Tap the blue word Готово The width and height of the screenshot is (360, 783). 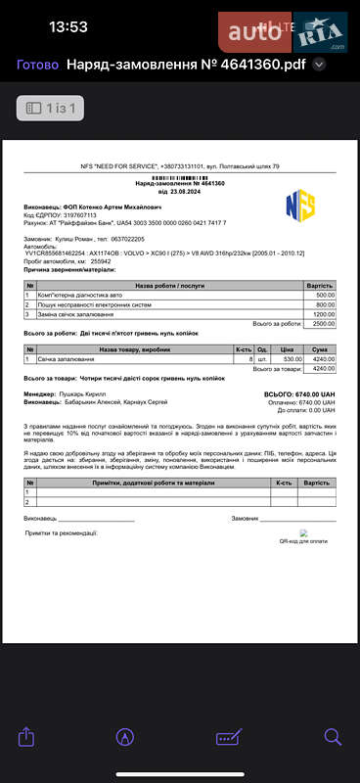coord(36,66)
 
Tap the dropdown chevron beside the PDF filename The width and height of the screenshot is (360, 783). coord(318,66)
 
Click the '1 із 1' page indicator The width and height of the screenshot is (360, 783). coord(51,108)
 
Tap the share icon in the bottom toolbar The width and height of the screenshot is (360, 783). coord(27,736)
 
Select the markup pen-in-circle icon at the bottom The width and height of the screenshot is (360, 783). coord(125,736)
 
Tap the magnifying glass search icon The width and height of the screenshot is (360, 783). coord(333,736)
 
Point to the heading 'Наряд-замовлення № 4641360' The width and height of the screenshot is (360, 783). coord(180,183)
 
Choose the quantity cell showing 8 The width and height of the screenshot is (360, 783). coord(250,359)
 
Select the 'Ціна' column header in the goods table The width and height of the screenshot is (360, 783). coord(287,349)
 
